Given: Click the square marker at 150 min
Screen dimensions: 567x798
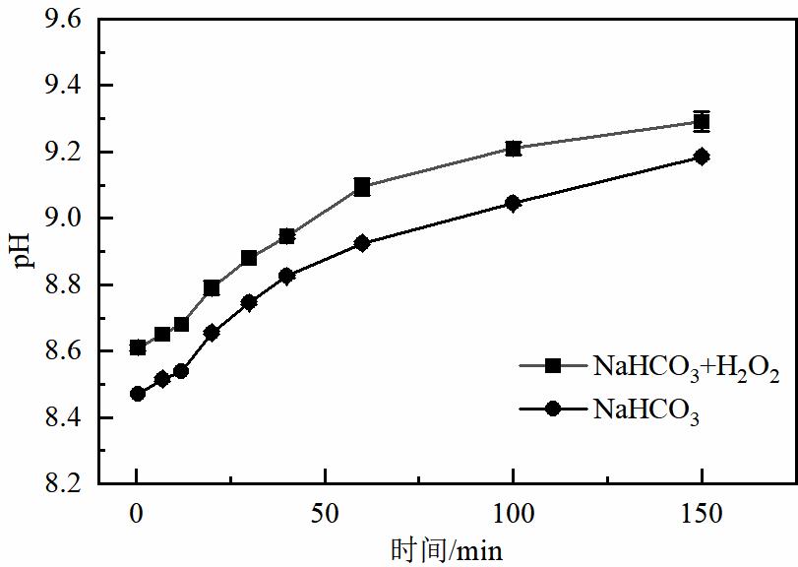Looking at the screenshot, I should (x=702, y=122).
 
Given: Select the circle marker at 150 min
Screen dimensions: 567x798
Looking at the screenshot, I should (x=702, y=157).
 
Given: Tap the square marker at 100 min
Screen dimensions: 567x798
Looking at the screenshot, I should (x=513, y=149).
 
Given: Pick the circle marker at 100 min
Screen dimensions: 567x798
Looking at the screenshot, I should (x=513, y=204).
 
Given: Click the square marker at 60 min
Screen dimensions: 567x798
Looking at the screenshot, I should (x=362, y=187).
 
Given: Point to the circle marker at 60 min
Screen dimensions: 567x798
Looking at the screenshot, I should (x=362, y=243).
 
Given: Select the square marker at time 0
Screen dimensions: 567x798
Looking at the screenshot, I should (x=138, y=347).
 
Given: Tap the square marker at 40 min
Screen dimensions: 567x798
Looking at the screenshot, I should (x=287, y=236).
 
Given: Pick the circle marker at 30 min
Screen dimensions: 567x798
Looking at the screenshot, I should (x=249, y=303).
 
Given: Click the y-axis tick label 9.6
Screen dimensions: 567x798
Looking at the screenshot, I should (x=62, y=20).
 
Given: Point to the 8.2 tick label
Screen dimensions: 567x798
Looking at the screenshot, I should (x=62, y=484).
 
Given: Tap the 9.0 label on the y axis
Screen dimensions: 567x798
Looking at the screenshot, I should (x=62, y=219).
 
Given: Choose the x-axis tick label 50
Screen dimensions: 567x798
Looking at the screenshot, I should (x=325, y=514).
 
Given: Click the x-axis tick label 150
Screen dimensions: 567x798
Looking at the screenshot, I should (x=701, y=514).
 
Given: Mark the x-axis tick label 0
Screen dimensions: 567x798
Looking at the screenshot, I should (x=138, y=514).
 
